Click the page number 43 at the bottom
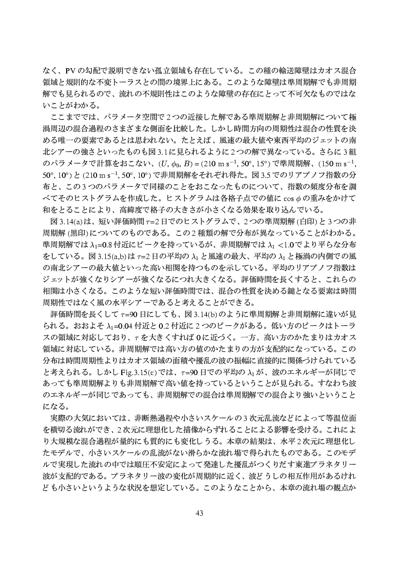coord(199,513)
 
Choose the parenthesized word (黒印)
coord(71,232)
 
